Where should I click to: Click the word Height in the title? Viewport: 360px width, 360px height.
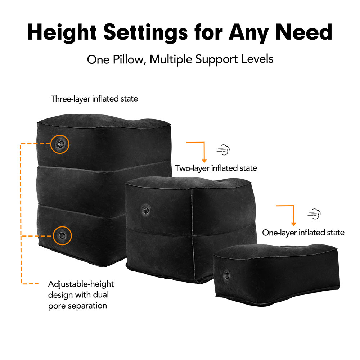[62, 32]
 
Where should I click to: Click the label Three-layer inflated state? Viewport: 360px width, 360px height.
[94, 99]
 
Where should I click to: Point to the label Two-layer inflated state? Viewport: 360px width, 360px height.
[216, 168]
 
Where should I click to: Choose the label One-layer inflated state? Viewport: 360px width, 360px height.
[303, 233]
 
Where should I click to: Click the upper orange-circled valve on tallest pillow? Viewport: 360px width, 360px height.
[60, 144]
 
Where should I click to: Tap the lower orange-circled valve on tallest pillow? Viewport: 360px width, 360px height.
[62, 235]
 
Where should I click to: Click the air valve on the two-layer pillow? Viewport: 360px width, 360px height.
[145, 210]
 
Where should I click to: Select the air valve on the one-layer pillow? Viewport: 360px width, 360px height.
[226, 275]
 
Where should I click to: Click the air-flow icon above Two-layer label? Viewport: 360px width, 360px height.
[223, 150]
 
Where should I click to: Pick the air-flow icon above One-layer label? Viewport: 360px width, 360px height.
[314, 214]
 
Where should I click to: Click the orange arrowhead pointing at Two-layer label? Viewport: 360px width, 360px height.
[204, 161]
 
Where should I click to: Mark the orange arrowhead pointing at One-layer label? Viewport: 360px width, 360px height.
[293, 224]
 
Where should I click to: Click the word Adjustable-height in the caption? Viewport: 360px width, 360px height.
[81, 284]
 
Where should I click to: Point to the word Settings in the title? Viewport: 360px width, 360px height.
[145, 33]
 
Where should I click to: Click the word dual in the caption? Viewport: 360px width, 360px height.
[100, 295]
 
